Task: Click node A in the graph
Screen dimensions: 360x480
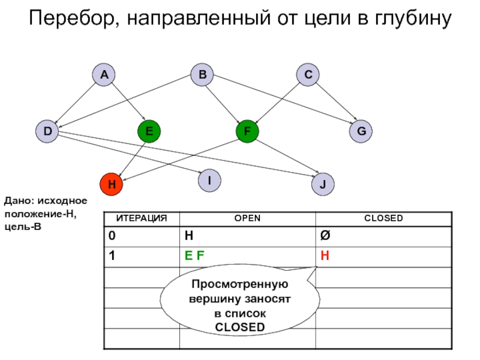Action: (104, 74)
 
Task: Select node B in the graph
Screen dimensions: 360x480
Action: (202, 74)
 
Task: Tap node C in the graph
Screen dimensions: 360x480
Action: (308, 74)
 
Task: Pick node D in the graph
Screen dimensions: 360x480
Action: (47, 131)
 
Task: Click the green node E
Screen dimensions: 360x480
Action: (149, 131)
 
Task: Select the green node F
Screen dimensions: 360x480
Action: (247, 131)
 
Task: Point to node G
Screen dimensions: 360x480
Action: (361, 131)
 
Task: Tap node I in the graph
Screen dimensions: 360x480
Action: (209, 179)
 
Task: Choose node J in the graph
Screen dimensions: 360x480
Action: (323, 184)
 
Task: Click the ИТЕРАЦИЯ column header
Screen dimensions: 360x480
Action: (142, 218)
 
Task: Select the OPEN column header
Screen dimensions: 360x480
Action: (247, 218)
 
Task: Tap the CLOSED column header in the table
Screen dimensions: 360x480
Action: (383, 218)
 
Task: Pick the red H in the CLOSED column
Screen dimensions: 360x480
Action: (325, 256)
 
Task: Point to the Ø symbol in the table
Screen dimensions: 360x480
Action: (325, 236)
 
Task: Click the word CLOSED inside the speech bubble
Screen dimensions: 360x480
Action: (239, 327)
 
